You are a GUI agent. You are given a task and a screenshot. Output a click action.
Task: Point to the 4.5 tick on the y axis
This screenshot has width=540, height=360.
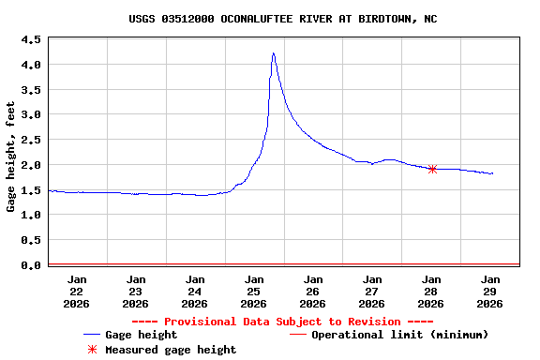[31, 39]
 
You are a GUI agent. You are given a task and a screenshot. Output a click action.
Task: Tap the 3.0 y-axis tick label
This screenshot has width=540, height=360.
[31, 114]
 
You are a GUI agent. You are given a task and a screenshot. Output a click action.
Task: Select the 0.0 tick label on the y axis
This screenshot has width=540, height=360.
[31, 265]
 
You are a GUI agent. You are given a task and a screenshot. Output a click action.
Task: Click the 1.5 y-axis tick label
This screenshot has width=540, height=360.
[31, 190]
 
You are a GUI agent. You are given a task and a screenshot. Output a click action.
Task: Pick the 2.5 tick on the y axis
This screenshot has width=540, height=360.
[31, 140]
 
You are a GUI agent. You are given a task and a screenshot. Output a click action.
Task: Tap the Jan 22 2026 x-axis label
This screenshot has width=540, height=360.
[77, 291]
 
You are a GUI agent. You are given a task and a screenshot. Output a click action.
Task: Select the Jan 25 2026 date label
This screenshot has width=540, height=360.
[254, 291]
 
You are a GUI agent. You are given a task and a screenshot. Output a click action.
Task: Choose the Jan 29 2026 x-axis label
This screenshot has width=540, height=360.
[489, 291]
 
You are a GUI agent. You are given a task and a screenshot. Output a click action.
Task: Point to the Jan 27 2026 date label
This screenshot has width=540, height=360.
[372, 291]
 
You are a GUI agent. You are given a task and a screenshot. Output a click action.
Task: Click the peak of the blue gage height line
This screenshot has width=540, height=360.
[273, 53]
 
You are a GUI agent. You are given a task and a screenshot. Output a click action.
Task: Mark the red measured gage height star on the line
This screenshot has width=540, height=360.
[432, 169]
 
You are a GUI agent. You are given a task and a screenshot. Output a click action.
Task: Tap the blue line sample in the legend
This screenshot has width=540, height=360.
[91, 335]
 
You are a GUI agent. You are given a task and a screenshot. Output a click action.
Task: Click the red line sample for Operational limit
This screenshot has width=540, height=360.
[297, 335]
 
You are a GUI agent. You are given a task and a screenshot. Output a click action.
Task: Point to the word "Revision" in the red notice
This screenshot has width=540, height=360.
[374, 322]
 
